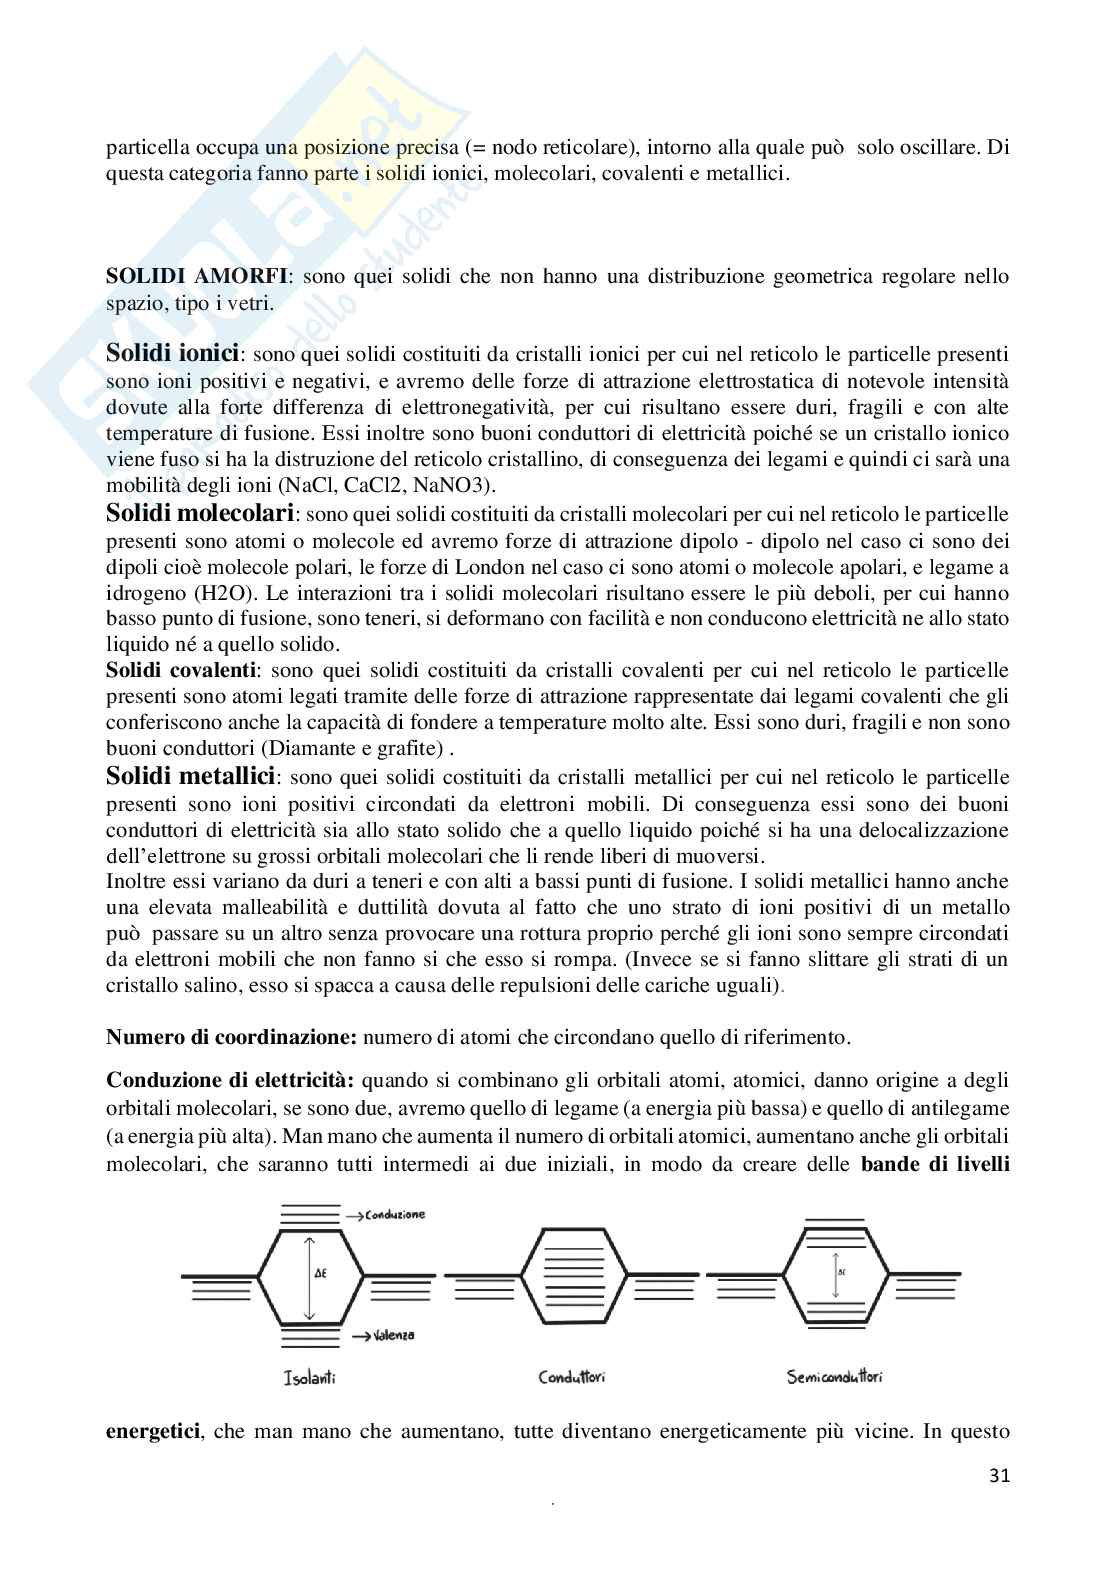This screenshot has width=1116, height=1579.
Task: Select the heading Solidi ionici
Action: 172,353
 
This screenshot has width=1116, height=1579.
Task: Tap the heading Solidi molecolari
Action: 200,514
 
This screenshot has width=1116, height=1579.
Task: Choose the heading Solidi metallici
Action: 190,776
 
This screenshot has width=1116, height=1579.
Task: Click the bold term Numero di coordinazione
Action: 231,1037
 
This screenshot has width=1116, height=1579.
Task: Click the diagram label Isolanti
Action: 309,1378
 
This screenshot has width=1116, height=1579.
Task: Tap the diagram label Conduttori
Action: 571,1378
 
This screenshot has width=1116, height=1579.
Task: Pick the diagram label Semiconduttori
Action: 834,1378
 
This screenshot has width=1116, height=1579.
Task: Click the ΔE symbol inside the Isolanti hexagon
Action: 320,1273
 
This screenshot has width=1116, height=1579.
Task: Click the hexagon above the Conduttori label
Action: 571,1273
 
